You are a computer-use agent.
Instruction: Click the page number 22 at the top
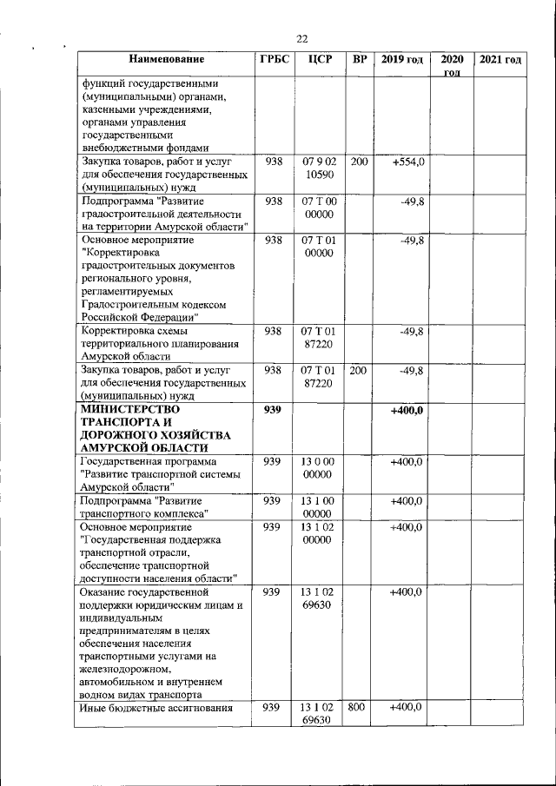pos(302,38)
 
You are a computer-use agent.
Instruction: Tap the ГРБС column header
pos(274,60)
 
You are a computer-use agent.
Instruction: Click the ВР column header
pos(359,60)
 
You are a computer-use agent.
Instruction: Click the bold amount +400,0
pos(406,410)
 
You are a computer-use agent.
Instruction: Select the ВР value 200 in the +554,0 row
pos(358,162)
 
